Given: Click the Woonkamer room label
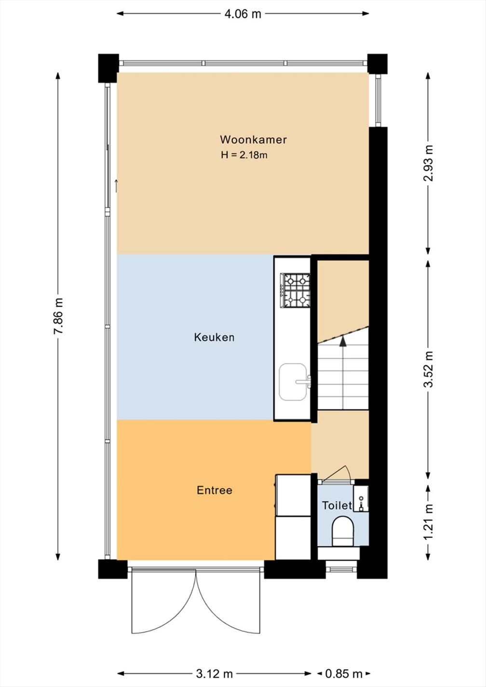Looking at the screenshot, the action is [253, 139].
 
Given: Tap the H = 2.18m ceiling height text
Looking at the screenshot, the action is [244, 155].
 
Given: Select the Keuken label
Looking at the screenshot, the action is [215, 337].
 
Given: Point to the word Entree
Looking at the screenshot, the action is [215, 490].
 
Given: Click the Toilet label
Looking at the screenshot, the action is [337, 505].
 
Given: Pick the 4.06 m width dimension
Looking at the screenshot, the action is [243, 14].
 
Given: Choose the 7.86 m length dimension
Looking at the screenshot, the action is [58, 316].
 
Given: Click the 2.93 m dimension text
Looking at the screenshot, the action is [428, 163].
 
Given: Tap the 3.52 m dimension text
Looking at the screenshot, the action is [428, 369].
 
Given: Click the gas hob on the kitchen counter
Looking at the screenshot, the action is [295, 290].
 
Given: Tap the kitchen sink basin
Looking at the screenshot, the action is [293, 382].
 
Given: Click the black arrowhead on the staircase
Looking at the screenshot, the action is [343, 341].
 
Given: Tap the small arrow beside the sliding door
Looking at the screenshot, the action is [116, 186].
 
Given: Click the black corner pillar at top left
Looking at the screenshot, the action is [108, 68].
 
